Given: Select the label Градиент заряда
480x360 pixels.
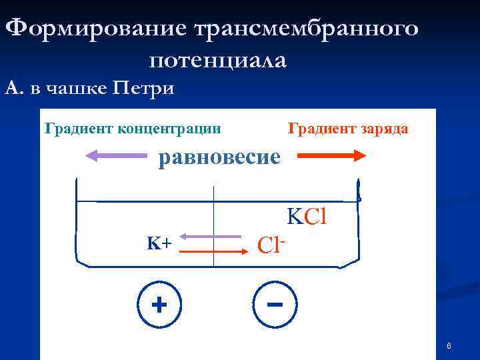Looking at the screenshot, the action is (347, 128).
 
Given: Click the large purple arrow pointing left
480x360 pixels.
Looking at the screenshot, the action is (117, 156).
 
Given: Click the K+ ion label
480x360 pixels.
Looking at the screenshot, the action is (159, 243).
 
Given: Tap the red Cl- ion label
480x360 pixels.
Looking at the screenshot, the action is (271, 245).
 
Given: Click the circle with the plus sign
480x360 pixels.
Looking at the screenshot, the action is (159, 306).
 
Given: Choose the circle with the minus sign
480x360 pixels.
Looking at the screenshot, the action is (275, 306).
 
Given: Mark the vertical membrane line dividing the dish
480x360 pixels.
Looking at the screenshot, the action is (213, 227).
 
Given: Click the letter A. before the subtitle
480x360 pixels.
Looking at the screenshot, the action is (13, 87).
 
